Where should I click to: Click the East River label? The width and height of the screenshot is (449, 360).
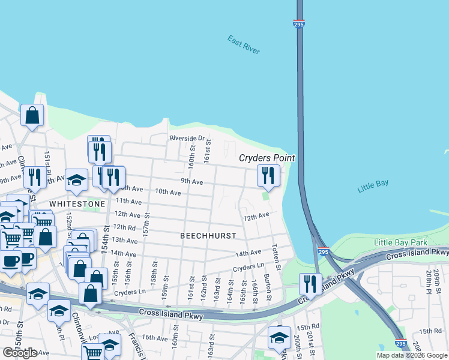[x=244, y=45]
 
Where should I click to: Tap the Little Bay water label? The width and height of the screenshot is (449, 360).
[x=373, y=186]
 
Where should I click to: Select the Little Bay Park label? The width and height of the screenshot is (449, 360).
[x=400, y=242]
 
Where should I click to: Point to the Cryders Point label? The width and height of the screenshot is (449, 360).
[x=267, y=158]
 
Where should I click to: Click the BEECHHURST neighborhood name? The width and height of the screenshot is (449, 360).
[x=208, y=236]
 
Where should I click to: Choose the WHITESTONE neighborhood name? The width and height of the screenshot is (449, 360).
[x=77, y=204]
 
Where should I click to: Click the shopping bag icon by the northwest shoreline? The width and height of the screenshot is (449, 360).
[x=32, y=115]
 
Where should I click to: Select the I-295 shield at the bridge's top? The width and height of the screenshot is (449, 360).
[x=300, y=24]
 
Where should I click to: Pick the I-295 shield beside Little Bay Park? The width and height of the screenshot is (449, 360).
[x=323, y=252]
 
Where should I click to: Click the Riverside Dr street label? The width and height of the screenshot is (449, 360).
[x=187, y=138]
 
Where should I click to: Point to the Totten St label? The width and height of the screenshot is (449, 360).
[x=276, y=256]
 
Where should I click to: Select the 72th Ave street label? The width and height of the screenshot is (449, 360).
[x=256, y=215]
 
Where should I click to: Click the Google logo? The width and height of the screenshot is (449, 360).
[x=20, y=353]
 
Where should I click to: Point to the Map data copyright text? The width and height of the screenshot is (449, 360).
[x=412, y=355]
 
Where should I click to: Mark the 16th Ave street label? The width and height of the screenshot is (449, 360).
[x=154, y=338]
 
